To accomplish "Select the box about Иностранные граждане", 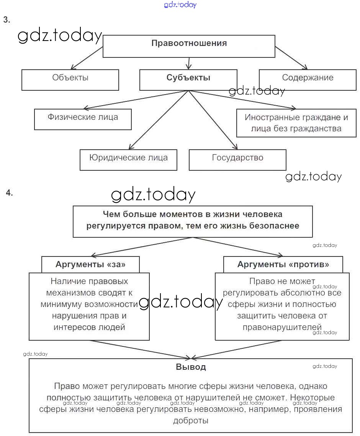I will pyautogui.click(x=296, y=123).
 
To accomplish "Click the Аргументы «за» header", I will pyautogui.click(x=90, y=265).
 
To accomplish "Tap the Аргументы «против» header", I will pyautogui.click(x=283, y=265).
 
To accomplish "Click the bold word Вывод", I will pyautogui.click(x=191, y=367).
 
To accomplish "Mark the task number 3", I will pyautogui.click(x=6, y=20).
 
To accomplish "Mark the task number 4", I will pyautogui.click(x=9, y=193).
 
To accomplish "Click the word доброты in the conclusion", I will pyautogui.click(x=191, y=421).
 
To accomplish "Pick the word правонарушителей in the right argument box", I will pyautogui.click(x=282, y=327).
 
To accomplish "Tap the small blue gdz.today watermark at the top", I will pyautogui.click(x=180, y=5).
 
